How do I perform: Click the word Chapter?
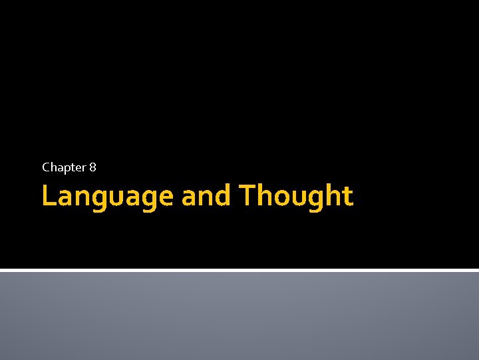(64, 167)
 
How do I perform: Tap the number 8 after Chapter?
(92, 167)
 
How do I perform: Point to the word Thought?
(295, 197)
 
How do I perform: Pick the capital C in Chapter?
(46, 167)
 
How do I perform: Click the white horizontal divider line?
(239, 270)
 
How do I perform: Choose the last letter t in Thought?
(347, 197)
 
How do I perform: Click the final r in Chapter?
(84, 168)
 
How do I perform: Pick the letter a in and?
(189, 198)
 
